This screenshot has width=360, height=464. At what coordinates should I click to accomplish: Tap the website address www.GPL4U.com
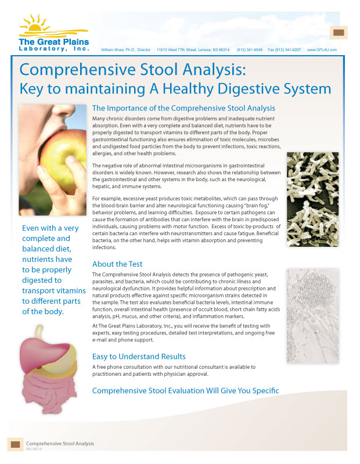point(323,50)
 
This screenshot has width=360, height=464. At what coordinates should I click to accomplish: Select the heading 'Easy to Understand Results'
point(139,356)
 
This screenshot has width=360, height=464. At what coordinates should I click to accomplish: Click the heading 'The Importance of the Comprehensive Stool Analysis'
point(183,108)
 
